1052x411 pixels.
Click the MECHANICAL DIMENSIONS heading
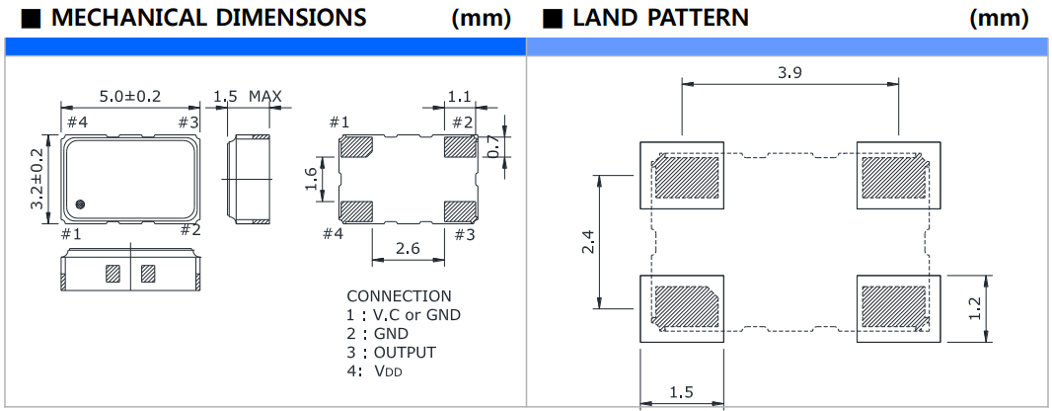pos(207,18)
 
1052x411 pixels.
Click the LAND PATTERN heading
pos(659,18)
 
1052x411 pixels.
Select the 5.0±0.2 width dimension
pos(130,95)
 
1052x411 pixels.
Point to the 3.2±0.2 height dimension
pos(38,179)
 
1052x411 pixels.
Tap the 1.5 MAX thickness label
pos(248,96)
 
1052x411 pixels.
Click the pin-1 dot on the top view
pos(80,205)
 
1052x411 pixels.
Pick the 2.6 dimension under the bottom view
pos(407,249)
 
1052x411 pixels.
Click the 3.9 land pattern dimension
pos(789,72)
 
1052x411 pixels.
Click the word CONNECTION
pos(399,296)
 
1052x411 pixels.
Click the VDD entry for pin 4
pos(387,371)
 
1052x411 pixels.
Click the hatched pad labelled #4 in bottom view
pos(355,210)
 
